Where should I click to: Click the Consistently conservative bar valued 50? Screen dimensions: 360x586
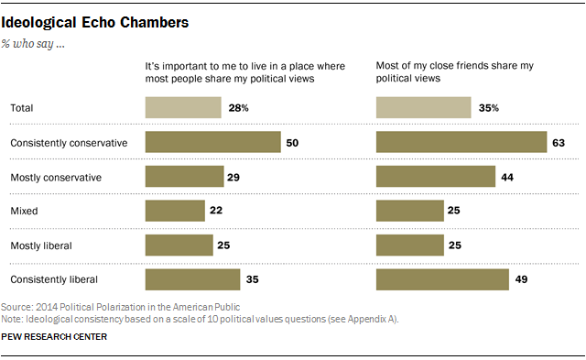(212, 142)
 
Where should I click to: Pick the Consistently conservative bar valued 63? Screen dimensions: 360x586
(461, 142)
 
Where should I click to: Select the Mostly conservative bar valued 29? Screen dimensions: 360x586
(184, 176)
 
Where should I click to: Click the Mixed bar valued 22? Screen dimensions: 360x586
(175, 210)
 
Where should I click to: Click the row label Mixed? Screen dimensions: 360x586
(22, 210)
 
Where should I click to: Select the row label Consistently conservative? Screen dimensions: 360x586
(67, 143)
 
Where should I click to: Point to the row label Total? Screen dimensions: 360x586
(21, 109)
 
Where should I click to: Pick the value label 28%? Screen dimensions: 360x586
(237, 109)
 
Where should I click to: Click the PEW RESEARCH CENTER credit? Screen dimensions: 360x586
(56, 338)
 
